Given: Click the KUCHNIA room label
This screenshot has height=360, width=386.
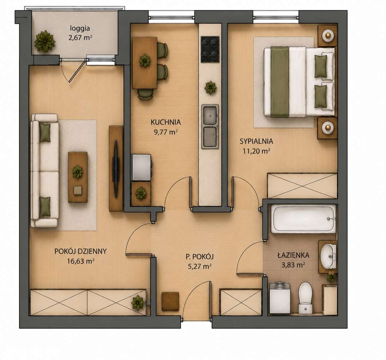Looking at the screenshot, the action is [x=166, y=122].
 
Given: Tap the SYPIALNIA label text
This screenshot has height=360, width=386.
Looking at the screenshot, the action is [x=256, y=141].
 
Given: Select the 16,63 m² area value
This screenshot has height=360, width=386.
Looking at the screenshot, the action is [x=81, y=261].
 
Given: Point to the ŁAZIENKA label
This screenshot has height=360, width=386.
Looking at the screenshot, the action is [x=293, y=255].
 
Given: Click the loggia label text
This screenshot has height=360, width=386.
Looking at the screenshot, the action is [x=80, y=28].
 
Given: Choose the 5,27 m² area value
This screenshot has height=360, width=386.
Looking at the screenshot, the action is [x=199, y=266].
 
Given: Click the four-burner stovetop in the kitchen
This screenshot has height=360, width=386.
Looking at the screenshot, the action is [x=210, y=49].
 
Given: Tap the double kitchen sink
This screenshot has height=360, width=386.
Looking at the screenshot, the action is [x=210, y=126].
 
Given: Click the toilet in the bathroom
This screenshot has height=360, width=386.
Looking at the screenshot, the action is [x=305, y=298].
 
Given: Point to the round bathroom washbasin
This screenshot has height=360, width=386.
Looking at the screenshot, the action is [x=328, y=257].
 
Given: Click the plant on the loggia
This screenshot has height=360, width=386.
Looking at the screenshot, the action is [x=45, y=42].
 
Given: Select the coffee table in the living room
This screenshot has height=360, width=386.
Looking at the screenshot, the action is [x=78, y=177].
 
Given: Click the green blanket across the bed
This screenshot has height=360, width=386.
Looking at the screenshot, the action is [x=280, y=82].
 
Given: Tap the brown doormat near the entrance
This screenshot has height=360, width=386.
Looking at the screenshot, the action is [x=170, y=301].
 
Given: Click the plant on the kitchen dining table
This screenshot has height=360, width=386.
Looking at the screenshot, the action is [x=145, y=61].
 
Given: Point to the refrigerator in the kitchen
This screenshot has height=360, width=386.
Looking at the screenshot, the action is [x=142, y=168].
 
